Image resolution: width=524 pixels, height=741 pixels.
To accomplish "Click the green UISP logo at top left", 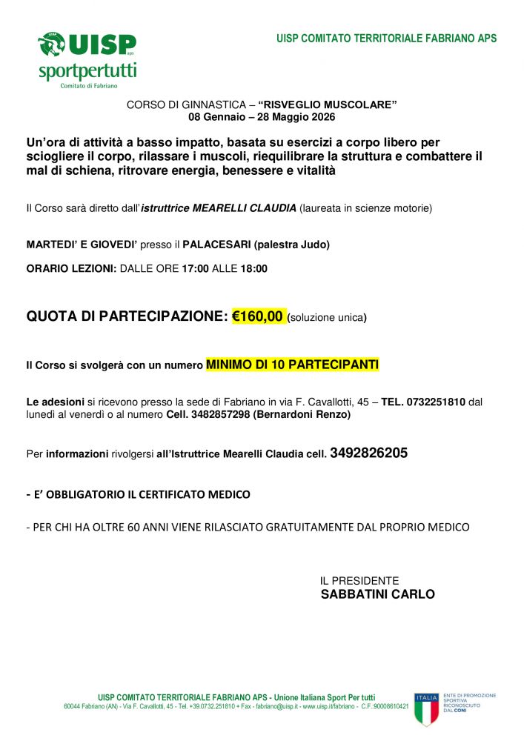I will [87, 45].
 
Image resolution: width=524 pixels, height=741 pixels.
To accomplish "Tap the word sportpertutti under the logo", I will [87, 71].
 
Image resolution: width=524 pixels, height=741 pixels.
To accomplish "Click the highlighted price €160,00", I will [258, 316].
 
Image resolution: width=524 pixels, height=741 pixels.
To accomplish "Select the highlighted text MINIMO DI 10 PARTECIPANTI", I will [292, 365].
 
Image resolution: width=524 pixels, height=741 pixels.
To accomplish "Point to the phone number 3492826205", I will [368, 453].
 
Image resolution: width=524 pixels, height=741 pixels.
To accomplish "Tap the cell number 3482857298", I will [220, 415].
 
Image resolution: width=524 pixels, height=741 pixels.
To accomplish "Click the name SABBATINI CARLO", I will [377, 594].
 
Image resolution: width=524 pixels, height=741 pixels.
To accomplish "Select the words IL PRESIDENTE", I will [359, 581].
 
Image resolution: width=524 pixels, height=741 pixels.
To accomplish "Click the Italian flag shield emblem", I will [426, 708].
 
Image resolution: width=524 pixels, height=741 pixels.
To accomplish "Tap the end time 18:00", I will [253, 269].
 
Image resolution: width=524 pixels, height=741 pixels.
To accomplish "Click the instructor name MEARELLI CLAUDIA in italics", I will [245, 208].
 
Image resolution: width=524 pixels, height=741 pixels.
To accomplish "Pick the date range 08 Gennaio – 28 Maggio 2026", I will [262, 117].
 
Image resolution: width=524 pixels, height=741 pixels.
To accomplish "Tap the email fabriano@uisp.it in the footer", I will [277, 707].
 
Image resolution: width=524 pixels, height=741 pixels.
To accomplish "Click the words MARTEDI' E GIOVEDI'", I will [82, 245].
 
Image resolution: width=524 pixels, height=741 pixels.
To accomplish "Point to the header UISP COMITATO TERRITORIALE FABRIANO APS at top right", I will [386, 39].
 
